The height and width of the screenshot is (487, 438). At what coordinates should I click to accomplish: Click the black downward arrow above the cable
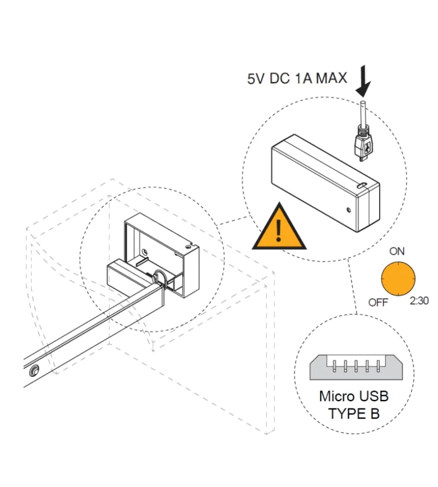coord(363,83)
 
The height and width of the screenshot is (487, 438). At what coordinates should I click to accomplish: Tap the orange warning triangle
coord(279,229)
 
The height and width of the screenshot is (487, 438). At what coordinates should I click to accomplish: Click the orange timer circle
coord(399,279)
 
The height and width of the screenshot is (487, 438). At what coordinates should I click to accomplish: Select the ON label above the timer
coord(397,251)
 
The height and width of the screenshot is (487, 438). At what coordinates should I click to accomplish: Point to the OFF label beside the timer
coord(378,303)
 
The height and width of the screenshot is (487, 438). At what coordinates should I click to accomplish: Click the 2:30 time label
coord(419,301)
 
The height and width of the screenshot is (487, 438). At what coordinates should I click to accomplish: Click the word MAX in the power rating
coord(332,79)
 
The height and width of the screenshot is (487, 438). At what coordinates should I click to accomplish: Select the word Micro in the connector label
coord(336,396)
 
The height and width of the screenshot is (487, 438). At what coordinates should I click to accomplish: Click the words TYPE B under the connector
coord(354,413)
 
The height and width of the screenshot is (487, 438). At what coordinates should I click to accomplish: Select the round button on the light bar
coord(34,371)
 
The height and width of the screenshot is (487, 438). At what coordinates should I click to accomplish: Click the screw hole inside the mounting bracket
coord(144,251)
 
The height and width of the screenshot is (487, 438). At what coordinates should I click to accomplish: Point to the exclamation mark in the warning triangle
coord(279,232)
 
